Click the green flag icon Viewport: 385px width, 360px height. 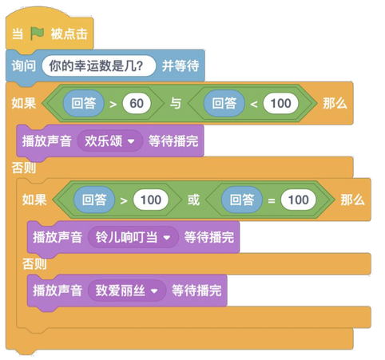37,34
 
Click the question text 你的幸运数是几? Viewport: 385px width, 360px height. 97,66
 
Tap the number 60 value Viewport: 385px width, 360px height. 137,104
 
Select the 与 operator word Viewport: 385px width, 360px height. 176,104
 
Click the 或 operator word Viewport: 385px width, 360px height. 193,200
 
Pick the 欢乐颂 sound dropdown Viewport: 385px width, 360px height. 110,141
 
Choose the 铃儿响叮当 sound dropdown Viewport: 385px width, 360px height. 133,237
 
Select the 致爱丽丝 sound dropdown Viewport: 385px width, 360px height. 127,291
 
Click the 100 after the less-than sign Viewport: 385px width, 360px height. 280,104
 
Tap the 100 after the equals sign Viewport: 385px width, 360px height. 299,200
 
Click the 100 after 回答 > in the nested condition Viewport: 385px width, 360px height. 151,200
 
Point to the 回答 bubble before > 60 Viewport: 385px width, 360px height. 84,104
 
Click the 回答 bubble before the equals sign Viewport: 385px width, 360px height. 242,200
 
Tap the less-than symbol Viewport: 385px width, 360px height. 254,104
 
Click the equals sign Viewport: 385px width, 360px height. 272,200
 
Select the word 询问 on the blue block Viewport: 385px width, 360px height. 23,65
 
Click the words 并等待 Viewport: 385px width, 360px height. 181,65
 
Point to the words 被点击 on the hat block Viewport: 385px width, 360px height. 69,34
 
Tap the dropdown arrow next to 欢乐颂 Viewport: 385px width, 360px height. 131,141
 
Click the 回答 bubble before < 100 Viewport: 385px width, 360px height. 224,104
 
